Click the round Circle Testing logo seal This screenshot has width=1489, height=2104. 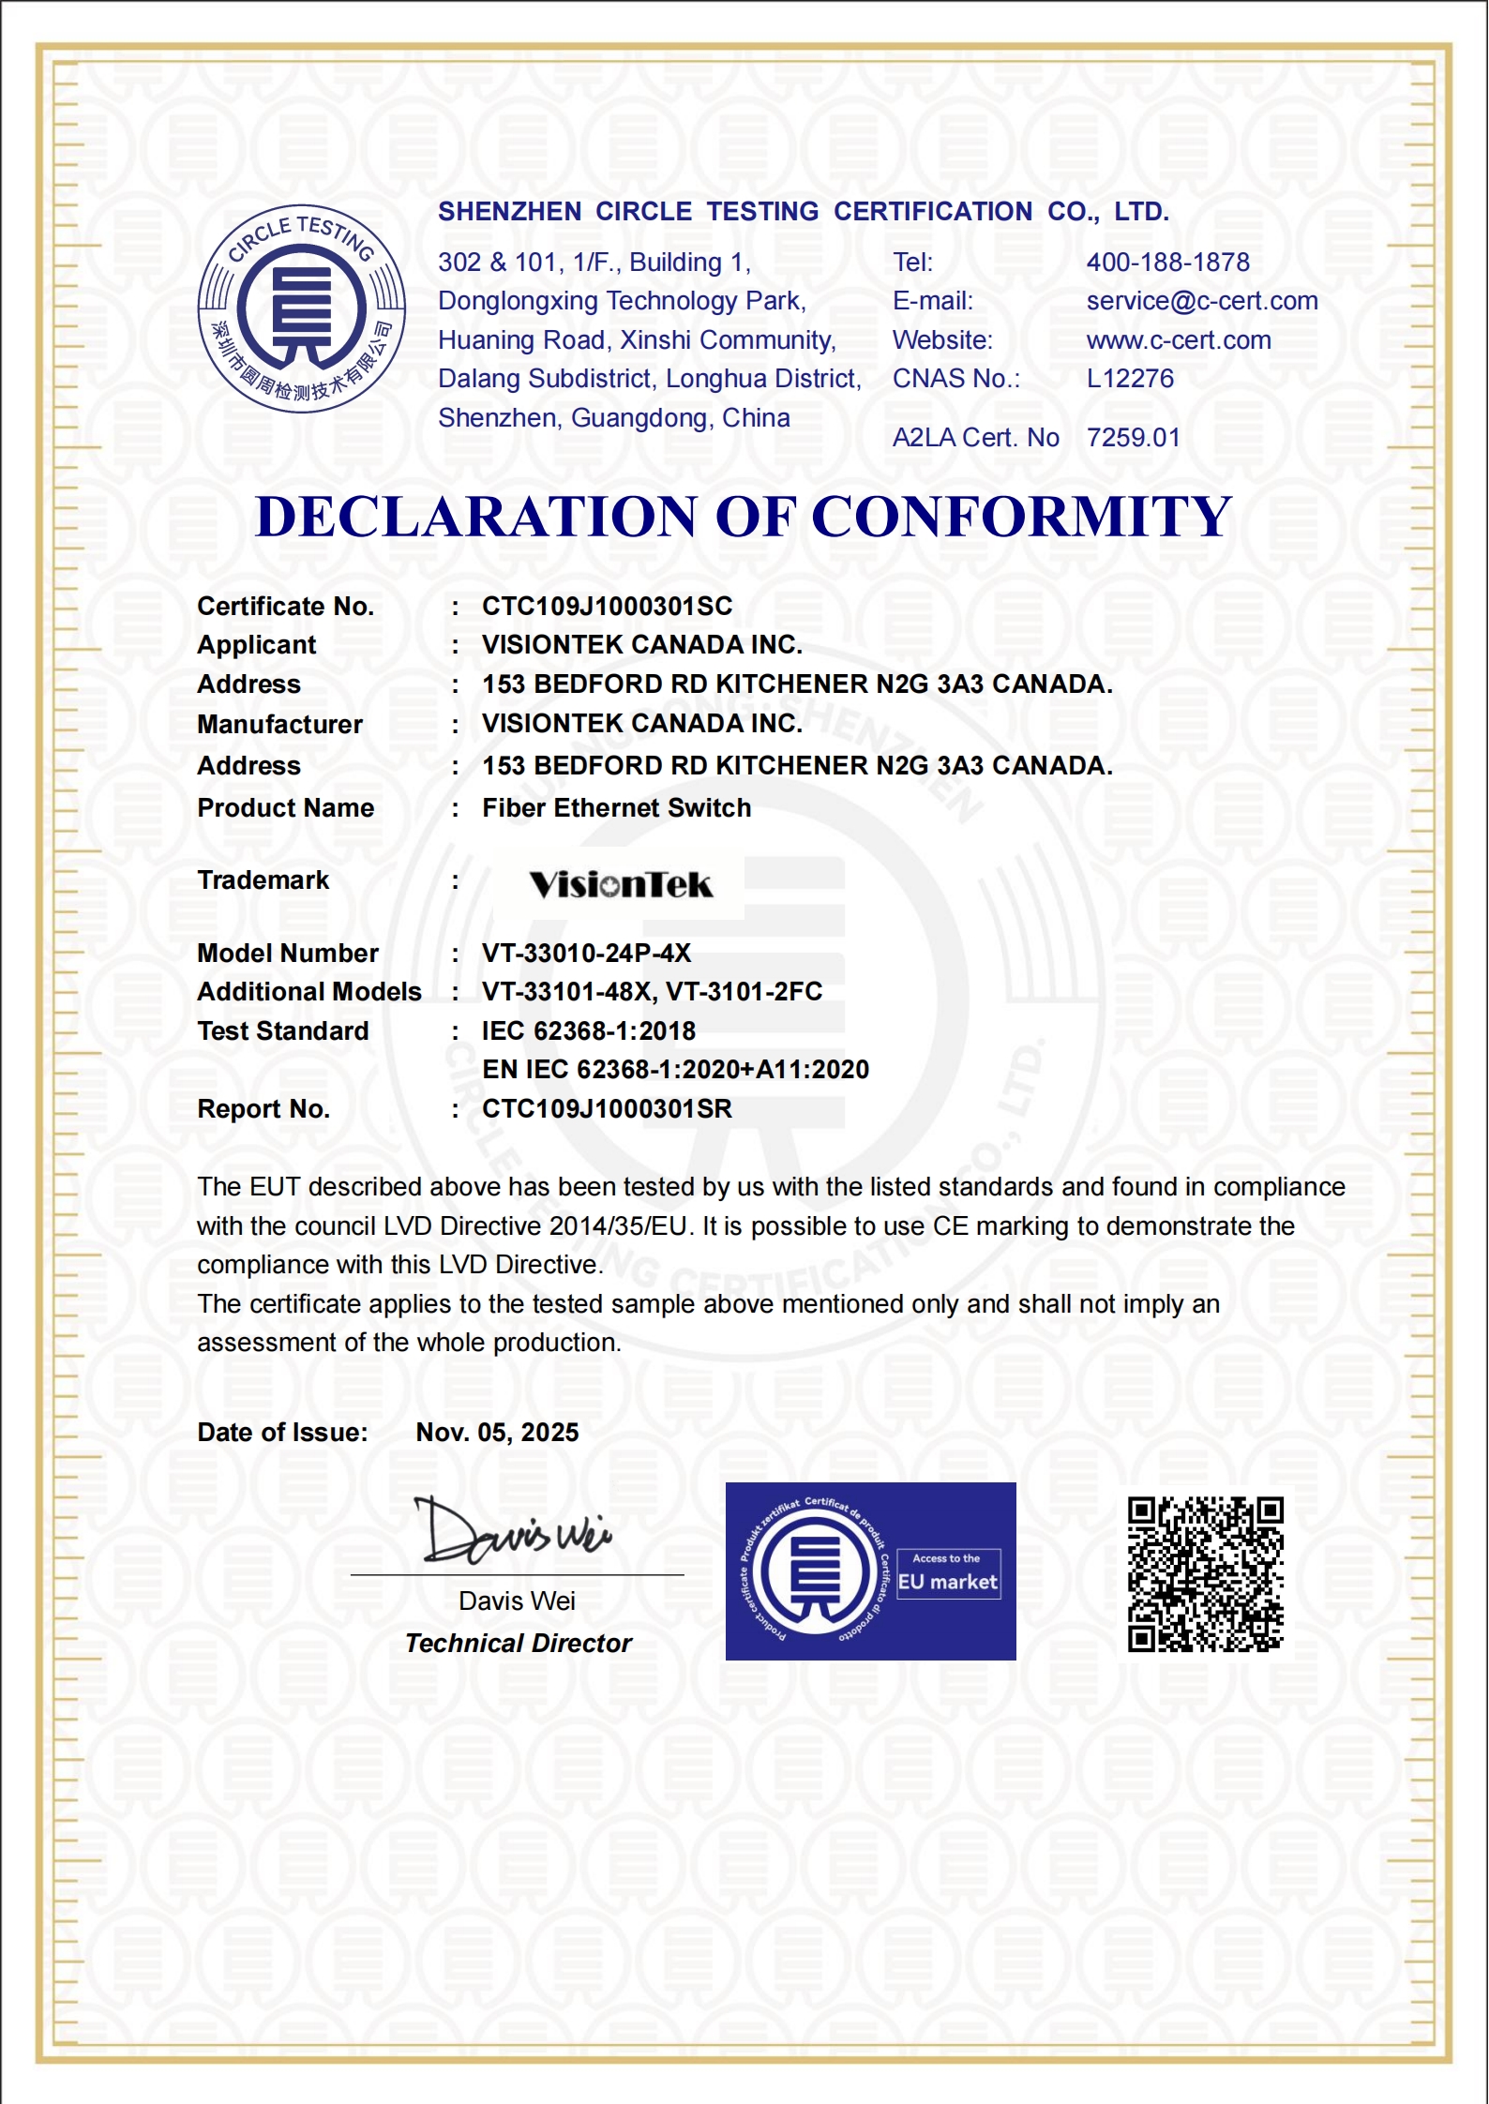[x=301, y=308]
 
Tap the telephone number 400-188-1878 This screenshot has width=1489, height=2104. [x=1167, y=263]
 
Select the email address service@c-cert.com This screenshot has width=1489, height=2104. [x=1201, y=301]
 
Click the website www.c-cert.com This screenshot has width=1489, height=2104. [x=1179, y=340]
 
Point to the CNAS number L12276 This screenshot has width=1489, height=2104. [x=1130, y=379]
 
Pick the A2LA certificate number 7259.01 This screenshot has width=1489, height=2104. [x=1133, y=438]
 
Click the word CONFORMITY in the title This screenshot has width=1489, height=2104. [x=1020, y=517]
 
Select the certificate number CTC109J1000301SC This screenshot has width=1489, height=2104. [x=607, y=607]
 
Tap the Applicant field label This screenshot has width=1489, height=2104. [x=257, y=645]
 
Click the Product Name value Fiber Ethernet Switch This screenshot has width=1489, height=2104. [x=616, y=808]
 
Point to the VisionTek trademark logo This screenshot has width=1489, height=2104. [x=621, y=884]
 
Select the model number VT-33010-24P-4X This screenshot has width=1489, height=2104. [x=586, y=954]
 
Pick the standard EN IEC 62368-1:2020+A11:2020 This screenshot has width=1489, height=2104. [x=675, y=1070]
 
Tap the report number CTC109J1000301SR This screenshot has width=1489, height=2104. [x=607, y=1109]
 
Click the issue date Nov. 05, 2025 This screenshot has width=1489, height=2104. [x=497, y=1433]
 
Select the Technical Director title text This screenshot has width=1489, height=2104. [x=519, y=1644]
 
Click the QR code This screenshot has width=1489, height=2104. [x=1205, y=1573]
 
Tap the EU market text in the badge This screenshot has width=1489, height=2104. [x=947, y=1582]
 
